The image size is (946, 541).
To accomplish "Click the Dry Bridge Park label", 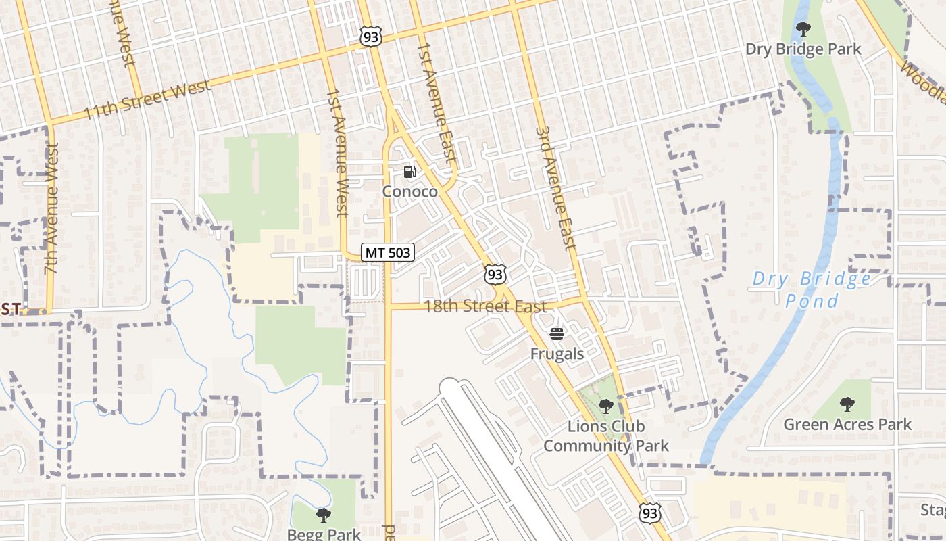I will [803, 49].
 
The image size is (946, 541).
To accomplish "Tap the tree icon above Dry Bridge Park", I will [803, 29].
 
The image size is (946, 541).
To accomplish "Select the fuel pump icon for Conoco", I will [409, 172].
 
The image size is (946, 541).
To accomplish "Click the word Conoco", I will [409, 191].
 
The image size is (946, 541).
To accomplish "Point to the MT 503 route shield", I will [387, 252].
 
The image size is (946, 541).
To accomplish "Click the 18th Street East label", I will [484, 306].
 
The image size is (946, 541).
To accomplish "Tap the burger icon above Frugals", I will [557, 333].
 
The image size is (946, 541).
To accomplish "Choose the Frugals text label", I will [557, 353].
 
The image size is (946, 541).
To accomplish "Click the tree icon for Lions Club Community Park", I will [605, 406].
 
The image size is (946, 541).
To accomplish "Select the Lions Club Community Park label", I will [606, 436].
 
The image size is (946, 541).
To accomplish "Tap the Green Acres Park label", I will [847, 425].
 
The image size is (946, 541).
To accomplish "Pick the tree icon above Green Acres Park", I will [847, 405].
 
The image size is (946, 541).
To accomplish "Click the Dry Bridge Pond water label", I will [812, 289].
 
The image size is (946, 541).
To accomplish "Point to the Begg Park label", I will [324, 534].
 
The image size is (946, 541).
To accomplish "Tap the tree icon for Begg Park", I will [324, 515].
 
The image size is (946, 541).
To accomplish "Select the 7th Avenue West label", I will [52, 208].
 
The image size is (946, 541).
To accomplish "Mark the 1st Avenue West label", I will [337, 154].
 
